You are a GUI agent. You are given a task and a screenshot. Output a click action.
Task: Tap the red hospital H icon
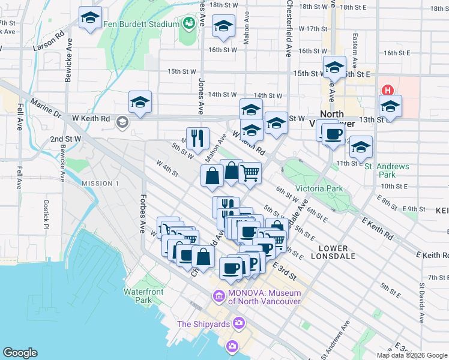click(388, 91)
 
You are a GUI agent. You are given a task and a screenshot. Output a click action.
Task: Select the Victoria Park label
click(319, 188)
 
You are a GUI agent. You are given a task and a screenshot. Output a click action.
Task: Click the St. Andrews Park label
click(387, 170)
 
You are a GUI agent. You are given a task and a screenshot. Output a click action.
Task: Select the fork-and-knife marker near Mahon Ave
click(197, 138)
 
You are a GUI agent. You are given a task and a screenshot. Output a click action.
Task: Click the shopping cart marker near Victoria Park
click(250, 173)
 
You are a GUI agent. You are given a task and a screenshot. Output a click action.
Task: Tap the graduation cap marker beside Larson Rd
click(90, 17)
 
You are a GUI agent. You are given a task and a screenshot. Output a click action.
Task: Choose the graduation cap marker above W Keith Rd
click(140, 102)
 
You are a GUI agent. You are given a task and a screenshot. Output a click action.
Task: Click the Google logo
click(20, 353)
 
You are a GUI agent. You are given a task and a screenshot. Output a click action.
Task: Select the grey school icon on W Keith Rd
click(122, 123)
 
